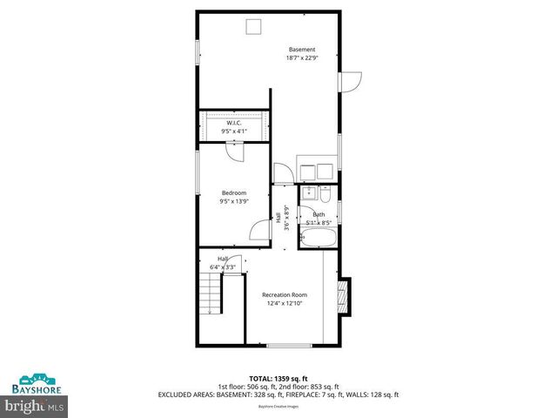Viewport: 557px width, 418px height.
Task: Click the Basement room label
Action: click(302, 50)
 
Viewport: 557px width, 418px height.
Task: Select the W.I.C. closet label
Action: click(233, 124)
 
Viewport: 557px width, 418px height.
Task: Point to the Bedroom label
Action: click(233, 192)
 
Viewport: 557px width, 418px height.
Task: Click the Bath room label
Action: click(319, 214)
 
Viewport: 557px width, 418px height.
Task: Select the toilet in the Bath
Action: click(325, 192)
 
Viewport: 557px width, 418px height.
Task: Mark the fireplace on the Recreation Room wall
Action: click(344, 295)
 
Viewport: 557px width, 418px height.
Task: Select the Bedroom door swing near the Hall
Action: click(259, 229)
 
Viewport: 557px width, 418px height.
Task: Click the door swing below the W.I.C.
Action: click(234, 151)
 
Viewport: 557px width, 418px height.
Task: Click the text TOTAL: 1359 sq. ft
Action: click(278, 379)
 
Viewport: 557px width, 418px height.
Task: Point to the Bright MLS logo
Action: click(34, 406)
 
